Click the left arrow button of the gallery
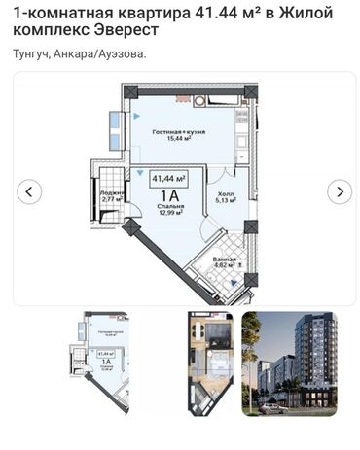[x=30, y=191]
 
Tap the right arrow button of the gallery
[x=340, y=191]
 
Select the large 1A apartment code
[x=169, y=198]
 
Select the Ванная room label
[x=226, y=258]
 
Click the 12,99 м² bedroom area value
[x=169, y=221]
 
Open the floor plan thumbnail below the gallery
[x=102, y=362]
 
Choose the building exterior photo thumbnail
[x=289, y=362]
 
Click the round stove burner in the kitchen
[x=198, y=100]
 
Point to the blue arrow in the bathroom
[x=233, y=280]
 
